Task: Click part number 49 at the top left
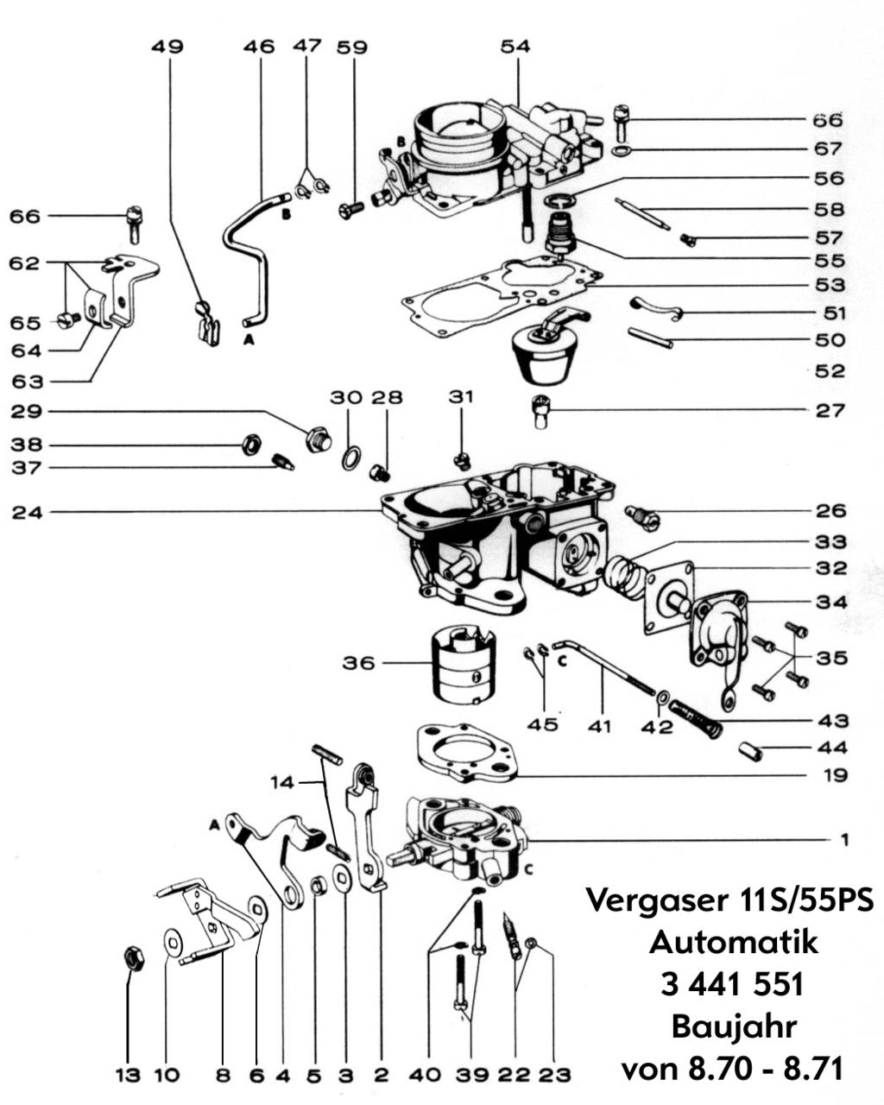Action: coord(167,47)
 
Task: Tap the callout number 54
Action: coord(515,47)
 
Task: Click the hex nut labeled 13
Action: coord(134,957)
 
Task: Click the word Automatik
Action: coord(733,941)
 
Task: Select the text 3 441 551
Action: coord(733,984)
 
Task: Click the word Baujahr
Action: coord(733,1027)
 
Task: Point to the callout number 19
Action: coord(833,776)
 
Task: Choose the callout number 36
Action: coord(360,663)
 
